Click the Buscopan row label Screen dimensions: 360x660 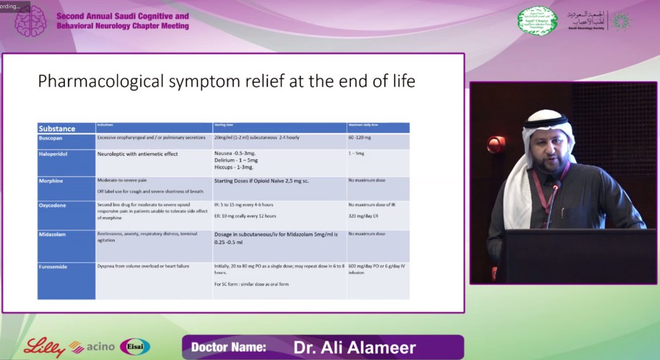click(51, 137)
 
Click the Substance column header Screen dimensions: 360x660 click(57, 129)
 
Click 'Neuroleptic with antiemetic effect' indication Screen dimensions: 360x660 click(137, 154)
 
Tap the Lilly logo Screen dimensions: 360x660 click(45, 347)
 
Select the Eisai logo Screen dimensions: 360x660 click(135, 347)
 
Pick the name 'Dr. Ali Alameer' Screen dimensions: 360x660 click(354, 348)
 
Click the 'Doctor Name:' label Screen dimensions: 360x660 click(228, 348)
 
